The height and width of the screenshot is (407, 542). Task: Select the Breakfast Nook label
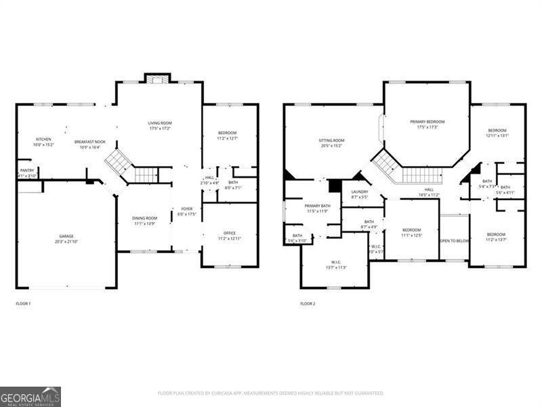pos(90,144)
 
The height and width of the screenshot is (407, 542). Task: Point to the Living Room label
pos(160,125)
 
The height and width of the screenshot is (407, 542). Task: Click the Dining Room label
pos(146,220)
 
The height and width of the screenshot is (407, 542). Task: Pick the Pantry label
pos(27,173)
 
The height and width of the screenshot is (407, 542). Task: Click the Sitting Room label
pos(331,142)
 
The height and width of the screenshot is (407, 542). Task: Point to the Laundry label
pos(360,194)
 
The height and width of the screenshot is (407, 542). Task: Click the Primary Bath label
pos(317,208)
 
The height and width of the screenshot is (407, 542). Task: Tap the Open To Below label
pos(455,241)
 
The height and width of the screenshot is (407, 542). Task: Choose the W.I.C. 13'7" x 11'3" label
pos(336,265)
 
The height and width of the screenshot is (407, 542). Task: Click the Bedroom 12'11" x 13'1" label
pos(497,132)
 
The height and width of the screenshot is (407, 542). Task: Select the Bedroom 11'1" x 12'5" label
pos(411,232)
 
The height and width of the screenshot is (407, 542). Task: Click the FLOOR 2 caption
pos(308,303)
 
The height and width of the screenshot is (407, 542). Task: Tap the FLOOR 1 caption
pos(23,303)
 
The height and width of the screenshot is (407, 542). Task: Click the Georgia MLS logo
pos(30,396)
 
